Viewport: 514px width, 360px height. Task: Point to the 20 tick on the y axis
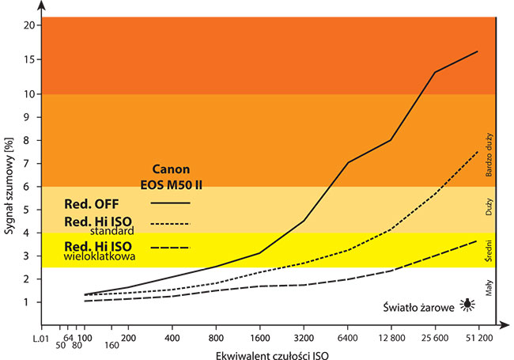28,25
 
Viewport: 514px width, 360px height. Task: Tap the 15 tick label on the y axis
28,59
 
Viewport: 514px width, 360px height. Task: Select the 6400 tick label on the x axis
349,335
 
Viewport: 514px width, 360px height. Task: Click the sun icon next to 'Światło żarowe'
471,303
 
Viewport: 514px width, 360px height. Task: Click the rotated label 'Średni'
489,255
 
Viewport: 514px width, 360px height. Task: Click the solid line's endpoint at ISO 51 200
478,51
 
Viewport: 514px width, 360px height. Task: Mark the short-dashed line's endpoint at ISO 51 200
478,151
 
